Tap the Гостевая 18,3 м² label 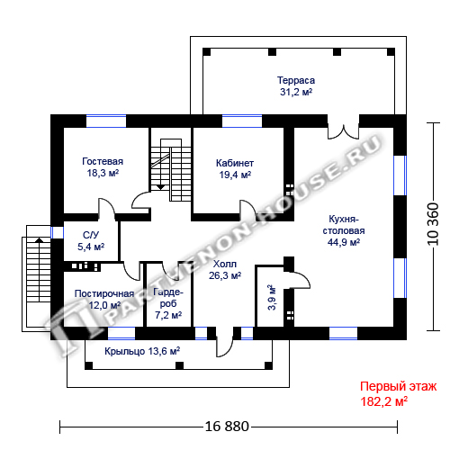[x=103, y=167]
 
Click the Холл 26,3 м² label [x=225, y=270]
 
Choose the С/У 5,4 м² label [x=91, y=241]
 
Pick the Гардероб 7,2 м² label [x=168, y=303]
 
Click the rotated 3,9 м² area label [x=272, y=297]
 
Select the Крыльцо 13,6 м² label [x=142, y=351]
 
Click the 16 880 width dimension [x=227, y=426]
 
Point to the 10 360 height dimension [x=433, y=224]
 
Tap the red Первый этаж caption [x=399, y=386]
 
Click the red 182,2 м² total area [x=384, y=401]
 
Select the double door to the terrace [x=343, y=131]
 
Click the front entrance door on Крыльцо [x=225, y=345]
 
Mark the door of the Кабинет [x=247, y=210]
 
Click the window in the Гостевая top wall [x=106, y=121]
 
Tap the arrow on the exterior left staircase [x=39, y=239]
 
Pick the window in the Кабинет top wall [x=242, y=121]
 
